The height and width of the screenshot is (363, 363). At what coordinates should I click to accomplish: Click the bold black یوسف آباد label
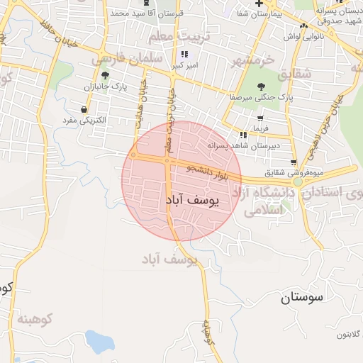point(193,201)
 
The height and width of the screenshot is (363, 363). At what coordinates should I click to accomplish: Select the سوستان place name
point(301,298)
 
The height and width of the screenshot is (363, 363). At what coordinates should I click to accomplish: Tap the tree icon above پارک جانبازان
point(106,75)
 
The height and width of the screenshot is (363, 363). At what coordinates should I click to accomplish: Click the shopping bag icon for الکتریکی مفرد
point(85,109)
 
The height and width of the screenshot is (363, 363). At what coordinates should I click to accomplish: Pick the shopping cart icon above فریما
point(259,118)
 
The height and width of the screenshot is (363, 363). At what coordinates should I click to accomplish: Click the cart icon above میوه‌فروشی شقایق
point(294,162)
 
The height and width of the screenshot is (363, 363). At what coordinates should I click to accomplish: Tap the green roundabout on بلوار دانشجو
point(298,181)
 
